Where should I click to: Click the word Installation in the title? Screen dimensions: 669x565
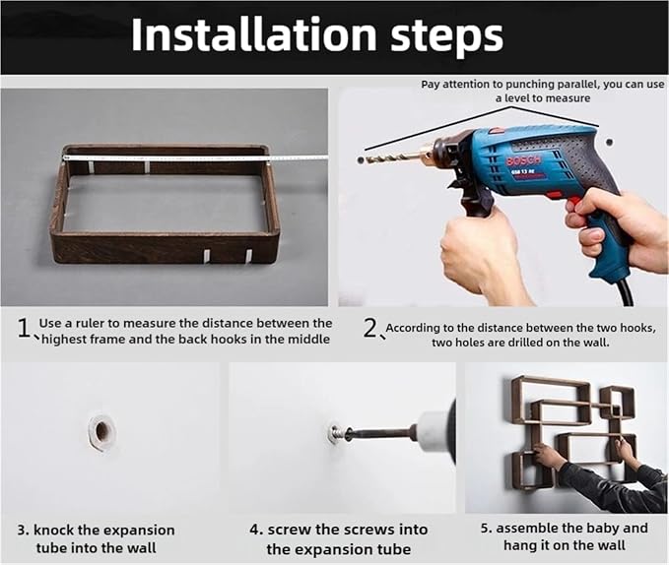coord(254,34)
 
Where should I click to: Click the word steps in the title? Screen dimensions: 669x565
coord(446,37)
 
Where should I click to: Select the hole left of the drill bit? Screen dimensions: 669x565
coord(361,160)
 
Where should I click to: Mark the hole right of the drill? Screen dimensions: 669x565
coord(609,142)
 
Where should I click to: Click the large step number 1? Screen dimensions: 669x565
coord(24,329)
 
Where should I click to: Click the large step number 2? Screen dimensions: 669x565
coord(370,329)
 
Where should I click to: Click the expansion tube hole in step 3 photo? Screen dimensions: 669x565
coord(101,431)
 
